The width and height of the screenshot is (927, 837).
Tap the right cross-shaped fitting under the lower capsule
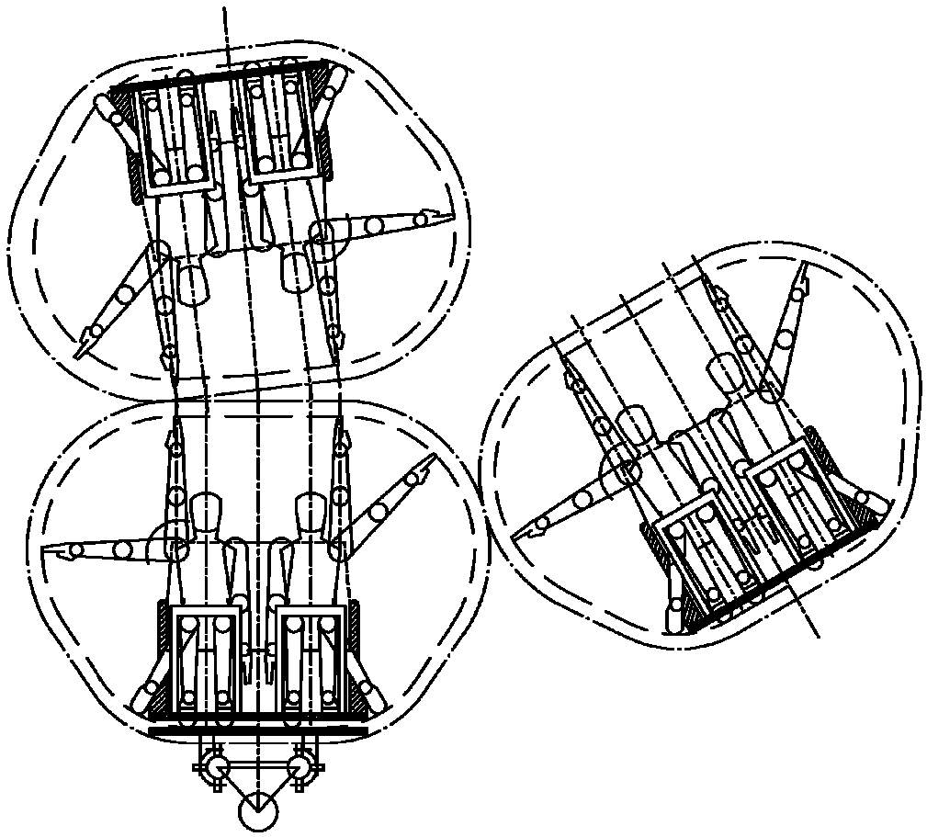coord(300,765)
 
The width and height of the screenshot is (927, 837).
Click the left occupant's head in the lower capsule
coord(207,509)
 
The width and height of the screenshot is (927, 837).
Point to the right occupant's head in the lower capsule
coord(309,509)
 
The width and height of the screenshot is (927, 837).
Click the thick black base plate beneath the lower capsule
coord(257,731)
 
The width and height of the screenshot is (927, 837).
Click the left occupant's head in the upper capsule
coord(191,284)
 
